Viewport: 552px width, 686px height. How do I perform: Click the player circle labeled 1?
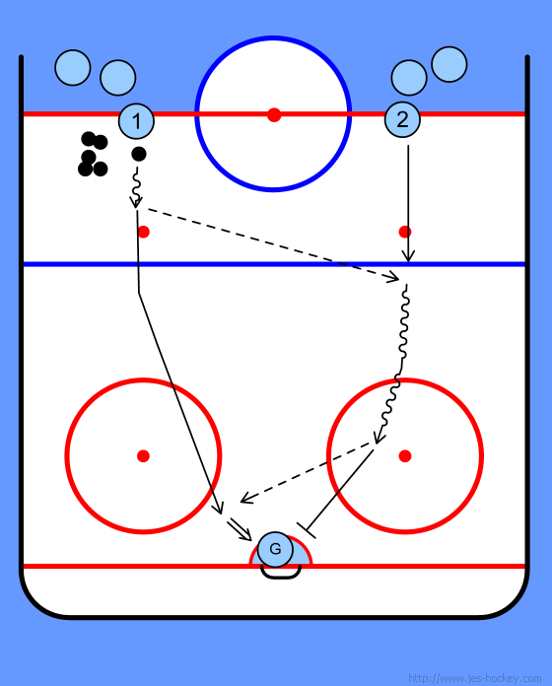136,121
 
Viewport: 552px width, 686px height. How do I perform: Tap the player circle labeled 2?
402,119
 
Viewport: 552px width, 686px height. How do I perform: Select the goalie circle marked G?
275,549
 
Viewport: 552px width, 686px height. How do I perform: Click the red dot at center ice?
274,115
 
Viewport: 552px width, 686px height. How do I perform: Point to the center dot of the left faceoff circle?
143,456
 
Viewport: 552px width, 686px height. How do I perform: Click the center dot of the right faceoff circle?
405,456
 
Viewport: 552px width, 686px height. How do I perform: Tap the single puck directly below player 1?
139,154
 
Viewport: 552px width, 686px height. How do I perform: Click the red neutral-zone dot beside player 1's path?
144,232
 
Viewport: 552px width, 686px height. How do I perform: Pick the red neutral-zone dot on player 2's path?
405,232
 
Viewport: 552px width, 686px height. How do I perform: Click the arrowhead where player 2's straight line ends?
408,257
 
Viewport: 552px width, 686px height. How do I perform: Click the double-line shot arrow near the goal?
240,530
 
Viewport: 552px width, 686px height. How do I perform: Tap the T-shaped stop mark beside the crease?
307,530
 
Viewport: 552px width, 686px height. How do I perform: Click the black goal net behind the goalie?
281,573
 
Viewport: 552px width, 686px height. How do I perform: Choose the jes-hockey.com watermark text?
474,678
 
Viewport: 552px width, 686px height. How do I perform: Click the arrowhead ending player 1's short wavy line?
136,203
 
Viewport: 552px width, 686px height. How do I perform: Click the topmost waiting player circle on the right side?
449,64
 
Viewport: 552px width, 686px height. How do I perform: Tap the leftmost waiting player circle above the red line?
73,68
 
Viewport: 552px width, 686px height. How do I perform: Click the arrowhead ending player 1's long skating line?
219,510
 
